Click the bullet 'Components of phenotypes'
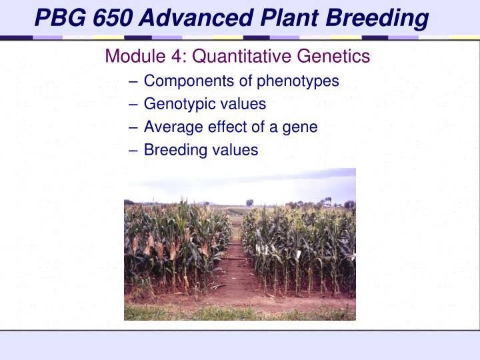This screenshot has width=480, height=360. [x=241, y=81]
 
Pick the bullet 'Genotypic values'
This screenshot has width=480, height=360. [x=205, y=104]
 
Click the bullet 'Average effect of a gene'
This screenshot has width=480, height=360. [x=231, y=127]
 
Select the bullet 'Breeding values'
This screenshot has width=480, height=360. [x=201, y=150]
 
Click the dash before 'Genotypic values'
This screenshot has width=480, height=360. [x=135, y=105]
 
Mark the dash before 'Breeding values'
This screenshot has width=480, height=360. [x=135, y=150]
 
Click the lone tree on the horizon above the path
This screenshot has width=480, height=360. [x=249, y=203]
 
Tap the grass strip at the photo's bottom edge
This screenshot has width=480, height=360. [x=240, y=313]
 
